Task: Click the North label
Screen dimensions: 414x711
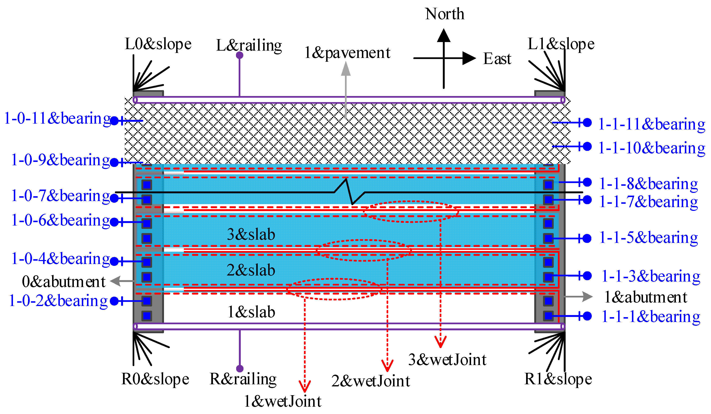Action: [444, 14]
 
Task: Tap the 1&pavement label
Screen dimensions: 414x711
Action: [347, 53]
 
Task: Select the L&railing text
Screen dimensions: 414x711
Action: [249, 45]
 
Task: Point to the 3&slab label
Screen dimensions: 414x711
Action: [251, 234]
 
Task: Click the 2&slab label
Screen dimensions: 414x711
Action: [251, 270]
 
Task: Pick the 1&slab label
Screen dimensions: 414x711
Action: [251, 312]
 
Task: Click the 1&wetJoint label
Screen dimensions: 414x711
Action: [282, 401]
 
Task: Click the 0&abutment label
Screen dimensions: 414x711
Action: [63, 282]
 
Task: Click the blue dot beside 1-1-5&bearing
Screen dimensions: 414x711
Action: [587, 238]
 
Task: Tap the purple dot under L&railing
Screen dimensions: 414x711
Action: [240, 55]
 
